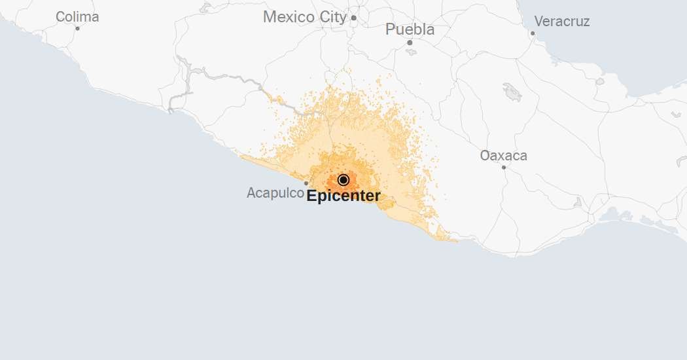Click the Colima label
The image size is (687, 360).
(x=77, y=17)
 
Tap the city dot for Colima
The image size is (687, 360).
(x=77, y=28)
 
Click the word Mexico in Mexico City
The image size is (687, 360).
(x=289, y=18)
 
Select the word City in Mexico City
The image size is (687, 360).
(x=332, y=18)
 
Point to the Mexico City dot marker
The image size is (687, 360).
(x=353, y=18)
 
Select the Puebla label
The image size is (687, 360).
(x=410, y=29)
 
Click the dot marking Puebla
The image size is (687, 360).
(x=410, y=43)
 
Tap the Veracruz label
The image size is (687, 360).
(x=561, y=22)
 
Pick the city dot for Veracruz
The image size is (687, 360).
(x=533, y=33)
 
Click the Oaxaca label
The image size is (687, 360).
(x=503, y=156)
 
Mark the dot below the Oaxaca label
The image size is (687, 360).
(x=504, y=167)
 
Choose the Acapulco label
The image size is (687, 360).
(x=275, y=193)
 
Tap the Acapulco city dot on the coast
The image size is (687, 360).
(x=306, y=183)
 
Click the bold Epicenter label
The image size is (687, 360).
(x=343, y=196)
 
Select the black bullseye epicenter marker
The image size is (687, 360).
(x=343, y=180)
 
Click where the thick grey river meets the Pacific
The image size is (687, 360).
(x=171, y=111)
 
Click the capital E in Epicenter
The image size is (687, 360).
(x=311, y=196)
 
